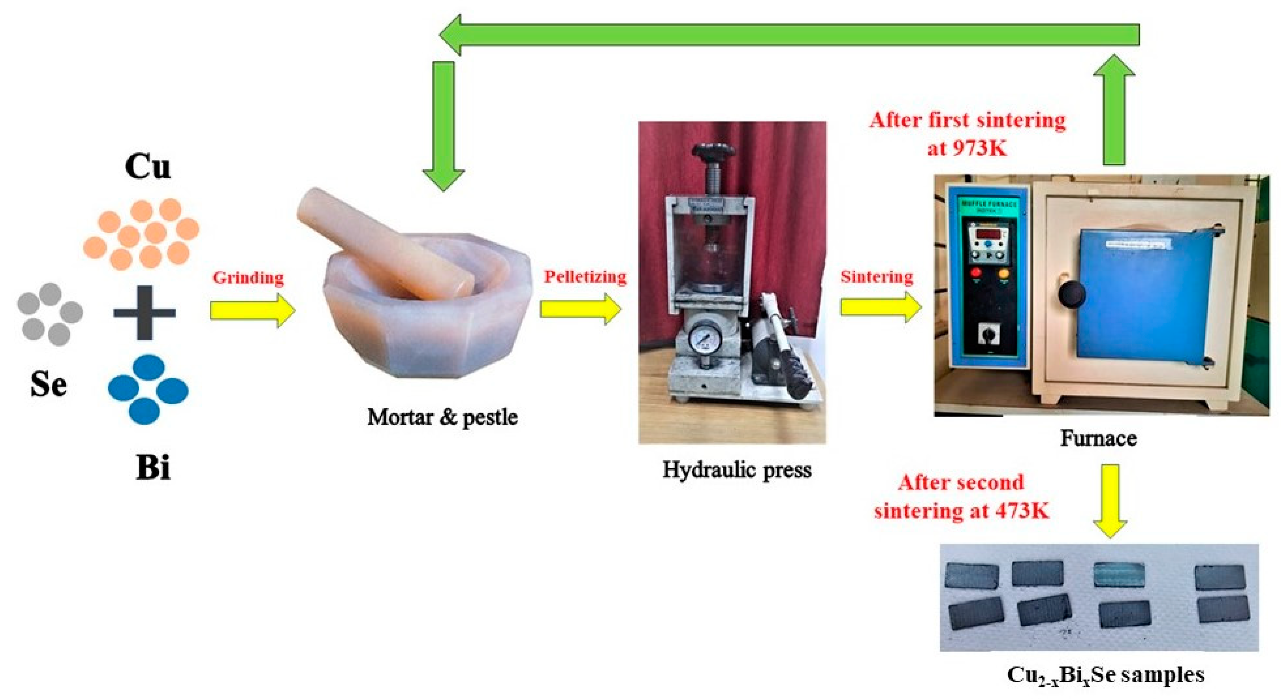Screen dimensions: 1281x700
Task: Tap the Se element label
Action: pyautogui.click(x=48, y=384)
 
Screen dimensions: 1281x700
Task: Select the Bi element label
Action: pyautogui.click(x=153, y=468)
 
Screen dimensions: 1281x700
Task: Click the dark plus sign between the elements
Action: pyautogui.click(x=145, y=313)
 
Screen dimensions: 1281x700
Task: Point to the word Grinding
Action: pyautogui.click(x=248, y=278)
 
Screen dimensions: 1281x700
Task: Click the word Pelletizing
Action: pyautogui.click(x=585, y=277)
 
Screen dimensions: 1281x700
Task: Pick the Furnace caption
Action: pyautogui.click(x=1098, y=438)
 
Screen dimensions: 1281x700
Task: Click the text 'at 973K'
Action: pyautogui.click(x=967, y=148)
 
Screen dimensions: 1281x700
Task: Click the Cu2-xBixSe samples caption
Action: pyautogui.click(x=1105, y=675)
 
